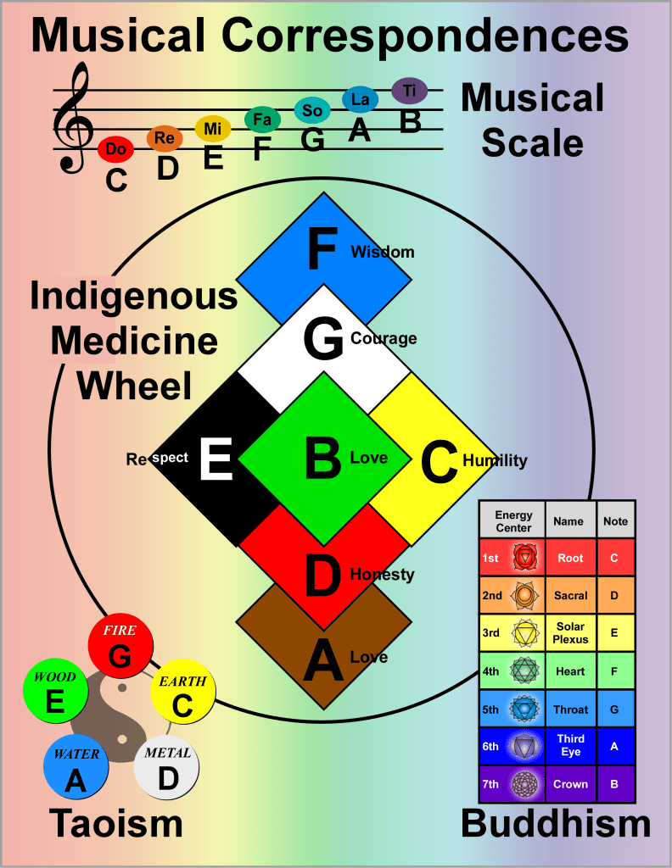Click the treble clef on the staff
pos(71,119)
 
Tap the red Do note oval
pos(116,149)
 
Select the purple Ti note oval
pos(410,90)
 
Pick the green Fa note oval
pos(262,120)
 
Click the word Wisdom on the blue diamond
pos(383,252)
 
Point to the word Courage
pos(384,338)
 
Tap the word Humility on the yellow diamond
pos(495,460)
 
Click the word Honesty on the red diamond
pos(383,574)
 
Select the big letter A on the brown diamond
pos(323,661)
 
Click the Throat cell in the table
pos(570,710)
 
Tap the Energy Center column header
pos(513,521)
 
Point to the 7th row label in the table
pos(490,784)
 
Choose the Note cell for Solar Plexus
pos(614,632)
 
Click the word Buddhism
pos(556,823)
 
